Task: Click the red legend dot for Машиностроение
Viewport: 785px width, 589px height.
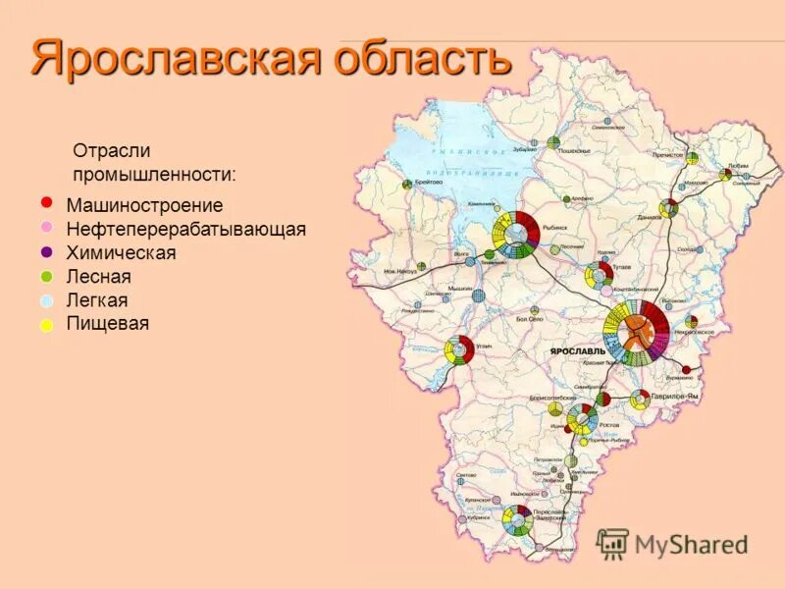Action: point(45,202)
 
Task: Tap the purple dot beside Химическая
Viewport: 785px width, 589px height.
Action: point(46,251)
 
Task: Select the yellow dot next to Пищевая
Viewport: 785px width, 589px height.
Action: point(46,325)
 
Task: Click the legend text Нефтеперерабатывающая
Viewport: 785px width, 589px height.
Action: point(186,230)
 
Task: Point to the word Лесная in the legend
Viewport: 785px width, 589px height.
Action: point(99,277)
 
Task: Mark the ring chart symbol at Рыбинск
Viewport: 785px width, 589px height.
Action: point(515,236)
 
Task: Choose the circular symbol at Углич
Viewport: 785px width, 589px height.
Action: point(458,350)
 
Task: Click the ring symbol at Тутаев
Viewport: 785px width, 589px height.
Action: point(599,276)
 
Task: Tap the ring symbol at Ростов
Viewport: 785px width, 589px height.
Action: point(582,418)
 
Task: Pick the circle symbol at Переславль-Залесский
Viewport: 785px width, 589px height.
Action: point(516,520)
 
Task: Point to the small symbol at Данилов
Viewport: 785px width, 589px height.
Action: point(669,208)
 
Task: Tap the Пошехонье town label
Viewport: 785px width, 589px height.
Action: point(574,151)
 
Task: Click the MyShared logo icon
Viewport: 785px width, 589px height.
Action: point(613,543)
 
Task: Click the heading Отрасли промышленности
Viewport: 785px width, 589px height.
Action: point(154,162)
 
